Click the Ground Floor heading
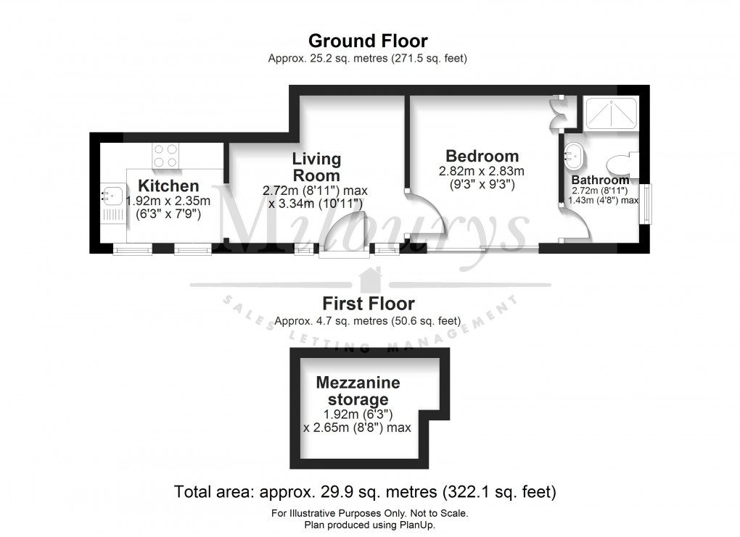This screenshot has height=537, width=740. tap(368, 41)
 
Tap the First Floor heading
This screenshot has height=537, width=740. tap(368, 304)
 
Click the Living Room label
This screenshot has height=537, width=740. tap(316, 167)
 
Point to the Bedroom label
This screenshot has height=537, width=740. tap(482, 156)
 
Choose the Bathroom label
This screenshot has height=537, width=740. tap(600, 180)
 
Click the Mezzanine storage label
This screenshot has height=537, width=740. tap(357, 391)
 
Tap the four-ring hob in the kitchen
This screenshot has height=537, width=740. tap(165, 154)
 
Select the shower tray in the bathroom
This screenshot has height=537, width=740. tap(612, 113)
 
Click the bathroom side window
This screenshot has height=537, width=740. tap(644, 204)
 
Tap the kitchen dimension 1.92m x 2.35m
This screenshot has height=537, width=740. tap(168, 201)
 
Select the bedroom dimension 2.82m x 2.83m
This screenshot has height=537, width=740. tap(481, 172)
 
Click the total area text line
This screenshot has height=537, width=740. tap(365, 493)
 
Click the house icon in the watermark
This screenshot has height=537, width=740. tap(370, 280)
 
